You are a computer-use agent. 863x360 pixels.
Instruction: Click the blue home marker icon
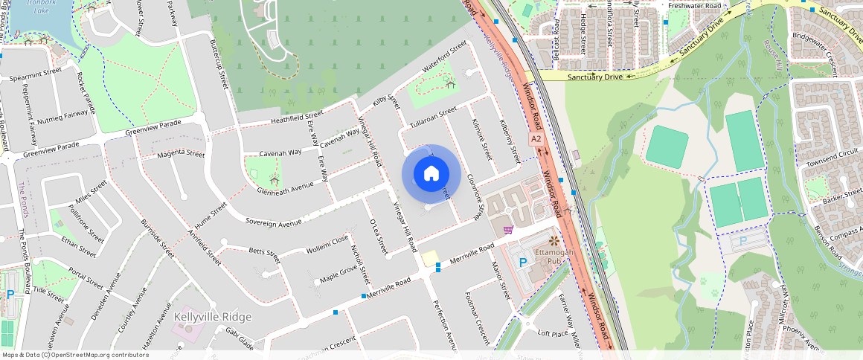tap(431, 174)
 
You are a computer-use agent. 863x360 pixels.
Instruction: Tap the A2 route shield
tap(536, 139)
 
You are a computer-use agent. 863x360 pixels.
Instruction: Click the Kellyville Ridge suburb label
tap(212, 317)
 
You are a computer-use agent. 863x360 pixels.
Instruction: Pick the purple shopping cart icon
tap(508, 230)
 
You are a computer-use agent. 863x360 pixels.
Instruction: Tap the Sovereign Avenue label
tap(273, 222)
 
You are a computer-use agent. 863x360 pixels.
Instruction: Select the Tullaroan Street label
tap(432, 118)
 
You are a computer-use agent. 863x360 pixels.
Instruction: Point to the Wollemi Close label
tap(327, 244)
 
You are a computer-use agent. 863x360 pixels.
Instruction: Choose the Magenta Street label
tap(180, 154)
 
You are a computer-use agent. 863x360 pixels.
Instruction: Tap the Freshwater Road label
tap(695, 6)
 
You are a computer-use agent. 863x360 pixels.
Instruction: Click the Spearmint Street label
tap(36, 74)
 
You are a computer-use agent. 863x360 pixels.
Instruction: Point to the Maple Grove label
tap(339, 274)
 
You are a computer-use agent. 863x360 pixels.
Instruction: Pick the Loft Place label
tap(553, 334)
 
